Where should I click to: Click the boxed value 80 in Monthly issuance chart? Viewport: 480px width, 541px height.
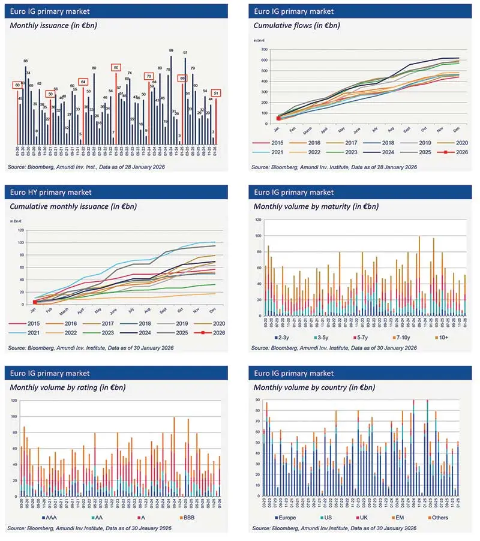click(x=116, y=68)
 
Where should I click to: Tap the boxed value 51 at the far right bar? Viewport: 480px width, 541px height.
click(x=216, y=92)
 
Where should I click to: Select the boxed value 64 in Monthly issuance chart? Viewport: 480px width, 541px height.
click(x=83, y=82)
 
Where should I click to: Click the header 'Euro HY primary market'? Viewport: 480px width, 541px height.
click(x=52, y=193)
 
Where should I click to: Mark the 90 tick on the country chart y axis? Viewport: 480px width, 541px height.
click(x=257, y=399)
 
